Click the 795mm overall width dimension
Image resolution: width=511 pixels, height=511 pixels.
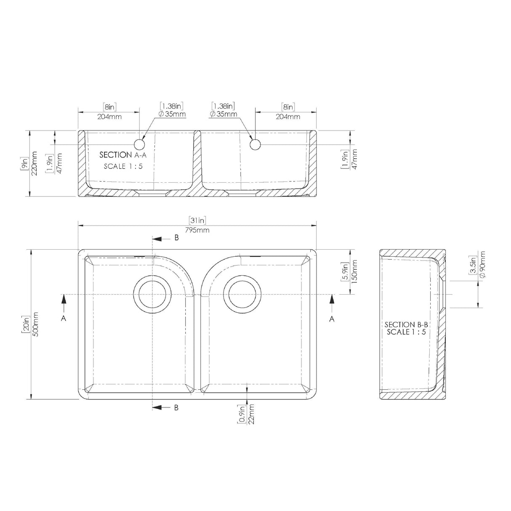(197, 230)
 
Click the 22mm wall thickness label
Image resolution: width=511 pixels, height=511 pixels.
(252, 415)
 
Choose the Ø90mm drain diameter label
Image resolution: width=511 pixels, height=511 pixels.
(482, 264)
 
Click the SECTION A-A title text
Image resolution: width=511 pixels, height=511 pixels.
(122, 155)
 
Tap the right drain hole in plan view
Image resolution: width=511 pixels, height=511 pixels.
(242, 294)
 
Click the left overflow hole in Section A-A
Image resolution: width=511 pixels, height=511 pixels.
(140, 145)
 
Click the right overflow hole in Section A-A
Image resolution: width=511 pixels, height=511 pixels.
(255, 145)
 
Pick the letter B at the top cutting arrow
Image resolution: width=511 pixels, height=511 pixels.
(177, 238)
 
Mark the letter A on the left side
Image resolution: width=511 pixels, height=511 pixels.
(63, 319)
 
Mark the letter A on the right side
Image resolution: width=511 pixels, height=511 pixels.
(332, 319)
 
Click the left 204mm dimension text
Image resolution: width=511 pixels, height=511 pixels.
(109, 117)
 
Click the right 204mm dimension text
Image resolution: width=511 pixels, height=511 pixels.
(288, 117)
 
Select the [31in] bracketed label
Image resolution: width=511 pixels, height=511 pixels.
(197, 220)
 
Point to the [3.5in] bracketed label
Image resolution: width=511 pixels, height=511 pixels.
(473, 265)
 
